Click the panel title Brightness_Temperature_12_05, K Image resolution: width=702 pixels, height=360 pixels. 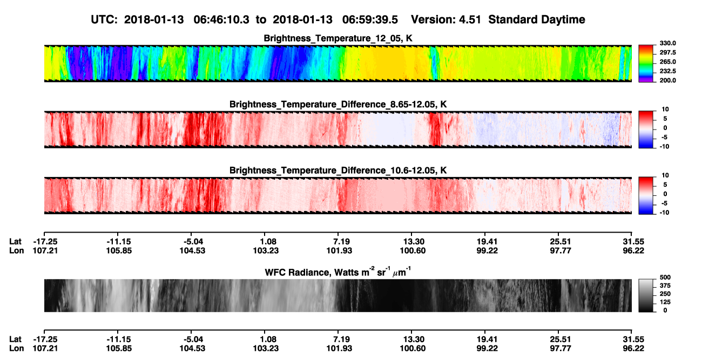(x=338, y=38)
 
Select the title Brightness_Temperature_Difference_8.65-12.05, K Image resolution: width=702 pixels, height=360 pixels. (x=338, y=104)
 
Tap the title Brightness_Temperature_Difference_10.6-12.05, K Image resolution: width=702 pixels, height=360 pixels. (x=338, y=171)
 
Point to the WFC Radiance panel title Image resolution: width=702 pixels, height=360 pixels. (x=338, y=271)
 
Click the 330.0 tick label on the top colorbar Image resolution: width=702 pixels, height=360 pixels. (x=667, y=43)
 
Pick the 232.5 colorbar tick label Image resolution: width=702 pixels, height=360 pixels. (x=667, y=71)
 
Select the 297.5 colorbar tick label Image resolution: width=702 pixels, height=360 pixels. (x=667, y=52)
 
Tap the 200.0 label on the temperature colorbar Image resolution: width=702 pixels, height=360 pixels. (x=667, y=80)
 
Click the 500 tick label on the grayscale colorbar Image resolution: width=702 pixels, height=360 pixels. (x=665, y=277)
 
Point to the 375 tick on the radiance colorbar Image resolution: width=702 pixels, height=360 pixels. (x=665, y=286)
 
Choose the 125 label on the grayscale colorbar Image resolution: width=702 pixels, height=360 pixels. (x=665, y=302)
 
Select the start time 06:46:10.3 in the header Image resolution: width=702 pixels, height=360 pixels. (x=221, y=19)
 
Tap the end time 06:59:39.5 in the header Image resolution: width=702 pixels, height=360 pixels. (x=370, y=19)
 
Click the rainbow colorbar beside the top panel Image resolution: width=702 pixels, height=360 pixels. (x=646, y=64)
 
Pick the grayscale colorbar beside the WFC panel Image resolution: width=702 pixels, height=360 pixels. (x=646, y=295)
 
